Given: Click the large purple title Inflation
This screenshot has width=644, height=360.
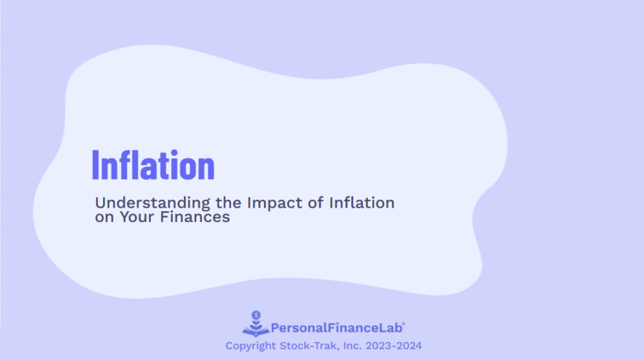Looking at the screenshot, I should (153, 165).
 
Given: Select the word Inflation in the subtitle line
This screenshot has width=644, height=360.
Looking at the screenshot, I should (361, 203).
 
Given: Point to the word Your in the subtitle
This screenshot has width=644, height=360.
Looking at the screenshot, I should (136, 217).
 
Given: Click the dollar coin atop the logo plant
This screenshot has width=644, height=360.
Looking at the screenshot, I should (256, 314).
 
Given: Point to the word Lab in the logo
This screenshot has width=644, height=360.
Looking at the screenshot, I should (392, 329).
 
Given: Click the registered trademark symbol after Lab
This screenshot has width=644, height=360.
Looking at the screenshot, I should (404, 324).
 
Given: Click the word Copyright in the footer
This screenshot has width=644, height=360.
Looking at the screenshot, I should (251, 346).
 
